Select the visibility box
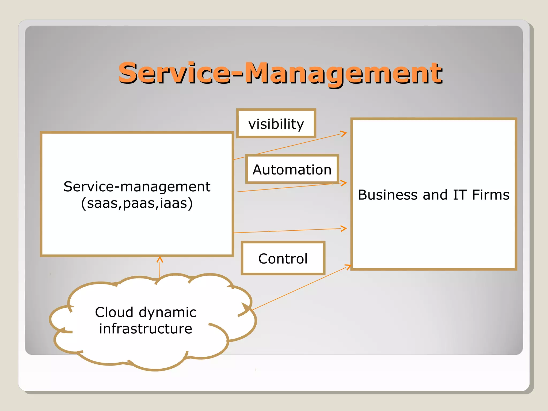coord(276,124)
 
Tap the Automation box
coord(292,169)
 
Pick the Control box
coord(283,258)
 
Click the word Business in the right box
coord(389,195)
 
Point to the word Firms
coord(490,195)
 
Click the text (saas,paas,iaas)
coord(137,203)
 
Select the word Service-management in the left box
coord(137,187)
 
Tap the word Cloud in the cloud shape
coord(114,312)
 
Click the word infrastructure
coord(146,329)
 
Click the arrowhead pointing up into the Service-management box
coord(160,259)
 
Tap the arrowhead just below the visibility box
coord(344,133)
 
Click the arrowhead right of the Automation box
coord(344,183)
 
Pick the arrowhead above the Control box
coord(344,228)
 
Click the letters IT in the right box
coord(460,195)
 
